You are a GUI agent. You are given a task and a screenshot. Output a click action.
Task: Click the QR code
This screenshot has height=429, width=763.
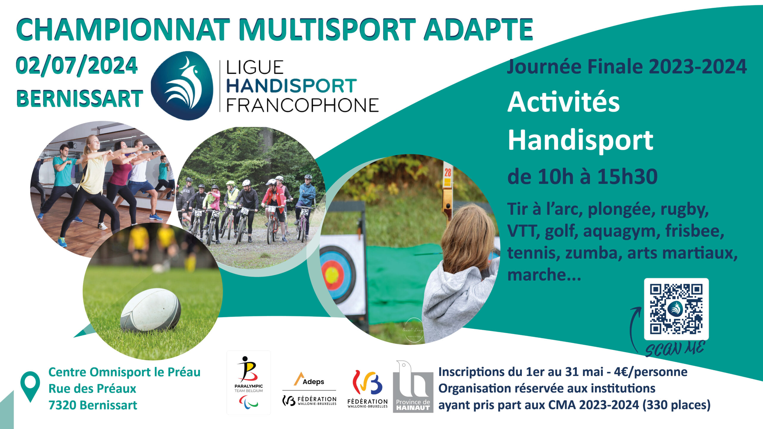tap(676, 309)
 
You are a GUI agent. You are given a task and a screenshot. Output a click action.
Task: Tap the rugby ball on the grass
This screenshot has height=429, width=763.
tap(151, 310)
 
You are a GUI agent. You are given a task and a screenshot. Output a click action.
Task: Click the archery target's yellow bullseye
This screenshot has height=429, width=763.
tap(331, 275)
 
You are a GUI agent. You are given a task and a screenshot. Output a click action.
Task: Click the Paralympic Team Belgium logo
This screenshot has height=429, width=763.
tap(249, 383)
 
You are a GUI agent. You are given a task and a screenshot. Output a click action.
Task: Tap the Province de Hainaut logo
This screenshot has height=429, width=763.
tap(413, 386)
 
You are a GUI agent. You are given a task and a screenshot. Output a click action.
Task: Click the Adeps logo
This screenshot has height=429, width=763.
tap(309, 379)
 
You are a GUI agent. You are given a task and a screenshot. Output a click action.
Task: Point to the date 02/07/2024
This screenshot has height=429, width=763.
tap(77, 66)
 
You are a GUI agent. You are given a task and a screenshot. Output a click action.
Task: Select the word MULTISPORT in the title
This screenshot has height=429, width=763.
tap(327, 29)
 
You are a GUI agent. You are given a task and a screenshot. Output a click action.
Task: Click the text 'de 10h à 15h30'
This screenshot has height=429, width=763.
tap(582, 176)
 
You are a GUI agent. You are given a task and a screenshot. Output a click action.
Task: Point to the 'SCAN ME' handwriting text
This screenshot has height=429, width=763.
tap(675, 349)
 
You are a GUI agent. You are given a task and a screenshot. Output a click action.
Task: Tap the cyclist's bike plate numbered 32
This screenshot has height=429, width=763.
tap(305, 212)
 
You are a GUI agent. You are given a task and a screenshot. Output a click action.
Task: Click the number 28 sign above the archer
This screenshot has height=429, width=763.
tap(448, 172)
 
